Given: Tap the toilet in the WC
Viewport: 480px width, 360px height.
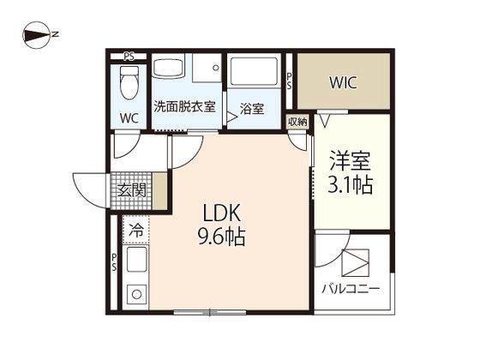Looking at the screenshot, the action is click(129, 82).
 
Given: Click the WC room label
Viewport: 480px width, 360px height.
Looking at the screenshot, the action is click(129, 118).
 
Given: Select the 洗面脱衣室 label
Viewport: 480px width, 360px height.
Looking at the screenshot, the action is click(184, 106).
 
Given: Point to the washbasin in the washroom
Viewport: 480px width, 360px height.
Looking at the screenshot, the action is click(168, 68).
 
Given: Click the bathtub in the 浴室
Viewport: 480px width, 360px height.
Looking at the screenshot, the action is click(254, 71).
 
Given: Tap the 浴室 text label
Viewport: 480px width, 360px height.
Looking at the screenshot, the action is click(252, 109).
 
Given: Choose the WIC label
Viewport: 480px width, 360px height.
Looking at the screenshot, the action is click(343, 82).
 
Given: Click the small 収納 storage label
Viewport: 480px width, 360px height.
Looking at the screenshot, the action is click(297, 122).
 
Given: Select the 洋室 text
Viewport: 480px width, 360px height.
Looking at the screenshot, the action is click(350, 161).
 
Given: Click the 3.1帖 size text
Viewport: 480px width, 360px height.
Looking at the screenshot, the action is click(350, 184).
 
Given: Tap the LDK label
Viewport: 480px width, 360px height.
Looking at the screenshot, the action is click(221, 213).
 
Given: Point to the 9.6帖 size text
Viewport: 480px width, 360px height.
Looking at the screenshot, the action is click(222, 237).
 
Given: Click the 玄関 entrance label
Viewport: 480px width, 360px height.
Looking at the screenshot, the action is click(132, 191).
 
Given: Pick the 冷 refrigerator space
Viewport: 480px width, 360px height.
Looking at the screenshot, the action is click(136, 230).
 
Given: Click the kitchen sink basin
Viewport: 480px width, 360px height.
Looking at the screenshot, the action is click(136, 260).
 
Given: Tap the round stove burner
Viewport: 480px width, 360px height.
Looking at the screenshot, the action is click(137, 295).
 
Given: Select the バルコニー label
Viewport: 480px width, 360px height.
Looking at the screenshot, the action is click(351, 288).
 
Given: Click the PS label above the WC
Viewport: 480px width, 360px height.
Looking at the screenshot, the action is click(129, 57).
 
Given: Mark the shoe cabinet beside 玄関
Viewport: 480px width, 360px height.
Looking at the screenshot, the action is click(159, 191).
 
